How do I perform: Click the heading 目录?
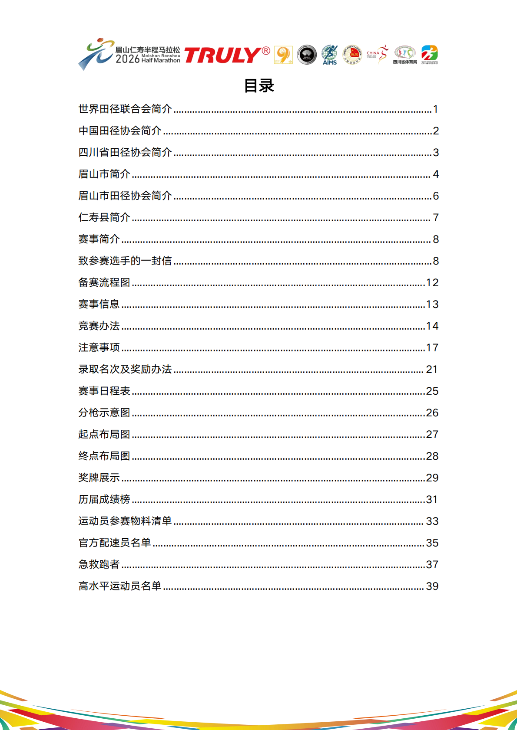pyautogui.click(x=259, y=86)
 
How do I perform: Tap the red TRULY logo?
pyautogui.click(x=227, y=55)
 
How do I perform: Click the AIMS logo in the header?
pyautogui.click(x=329, y=55)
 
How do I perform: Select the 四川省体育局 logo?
pyautogui.click(x=405, y=55)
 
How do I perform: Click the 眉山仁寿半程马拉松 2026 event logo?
pyautogui.click(x=129, y=54)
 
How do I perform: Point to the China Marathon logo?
pyautogui.click(x=377, y=55)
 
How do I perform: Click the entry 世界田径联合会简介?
pyautogui.click(x=125, y=109)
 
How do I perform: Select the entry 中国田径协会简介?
pyautogui.click(x=120, y=131)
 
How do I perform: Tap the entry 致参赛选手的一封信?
pyautogui.click(x=125, y=261)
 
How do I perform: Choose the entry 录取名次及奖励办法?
pyautogui.click(x=125, y=369)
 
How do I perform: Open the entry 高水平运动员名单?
pyautogui.click(x=120, y=586)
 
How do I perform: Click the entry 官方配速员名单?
pyautogui.click(x=115, y=543)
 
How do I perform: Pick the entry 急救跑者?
pyautogui.click(x=99, y=564)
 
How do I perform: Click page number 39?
pyautogui.click(x=432, y=586)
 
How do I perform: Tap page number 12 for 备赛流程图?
pyautogui.click(x=432, y=283)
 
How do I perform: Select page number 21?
pyautogui.click(x=432, y=370)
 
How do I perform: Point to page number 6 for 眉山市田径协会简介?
pyautogui.click(x=436, y=196)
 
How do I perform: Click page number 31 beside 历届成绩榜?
pyautogui.click(x=432, y=500)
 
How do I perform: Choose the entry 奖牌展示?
pyautogui.click(x=99, y=478)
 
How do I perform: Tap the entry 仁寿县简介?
pyautogui.click(x=104, y=217)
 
